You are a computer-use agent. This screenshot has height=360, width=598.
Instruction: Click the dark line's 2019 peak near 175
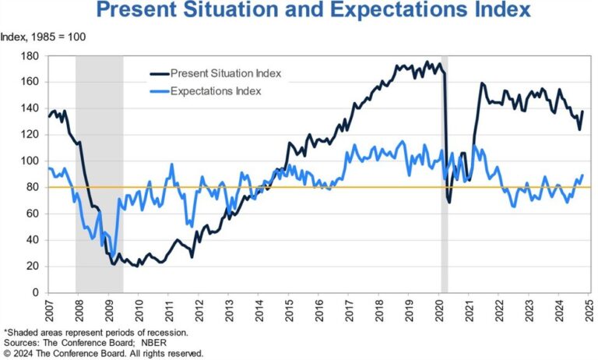427,62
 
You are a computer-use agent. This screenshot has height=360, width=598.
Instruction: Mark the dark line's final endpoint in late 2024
582,111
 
